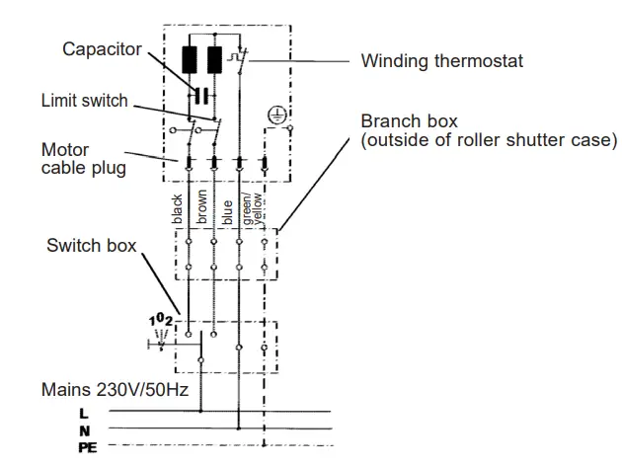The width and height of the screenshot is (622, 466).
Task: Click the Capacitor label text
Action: [x=102, y=48]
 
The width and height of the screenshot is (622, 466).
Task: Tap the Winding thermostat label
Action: [x=441, y=61]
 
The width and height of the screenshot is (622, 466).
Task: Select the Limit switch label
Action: [x=84, y=101]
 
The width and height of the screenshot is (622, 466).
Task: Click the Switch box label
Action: [x=92, y=245]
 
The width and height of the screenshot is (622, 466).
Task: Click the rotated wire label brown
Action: [x=204, y=208]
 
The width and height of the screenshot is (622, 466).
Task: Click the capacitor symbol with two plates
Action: [x=200, y=95]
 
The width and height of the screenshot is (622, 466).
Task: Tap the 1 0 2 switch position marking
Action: [x=161, y=322]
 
